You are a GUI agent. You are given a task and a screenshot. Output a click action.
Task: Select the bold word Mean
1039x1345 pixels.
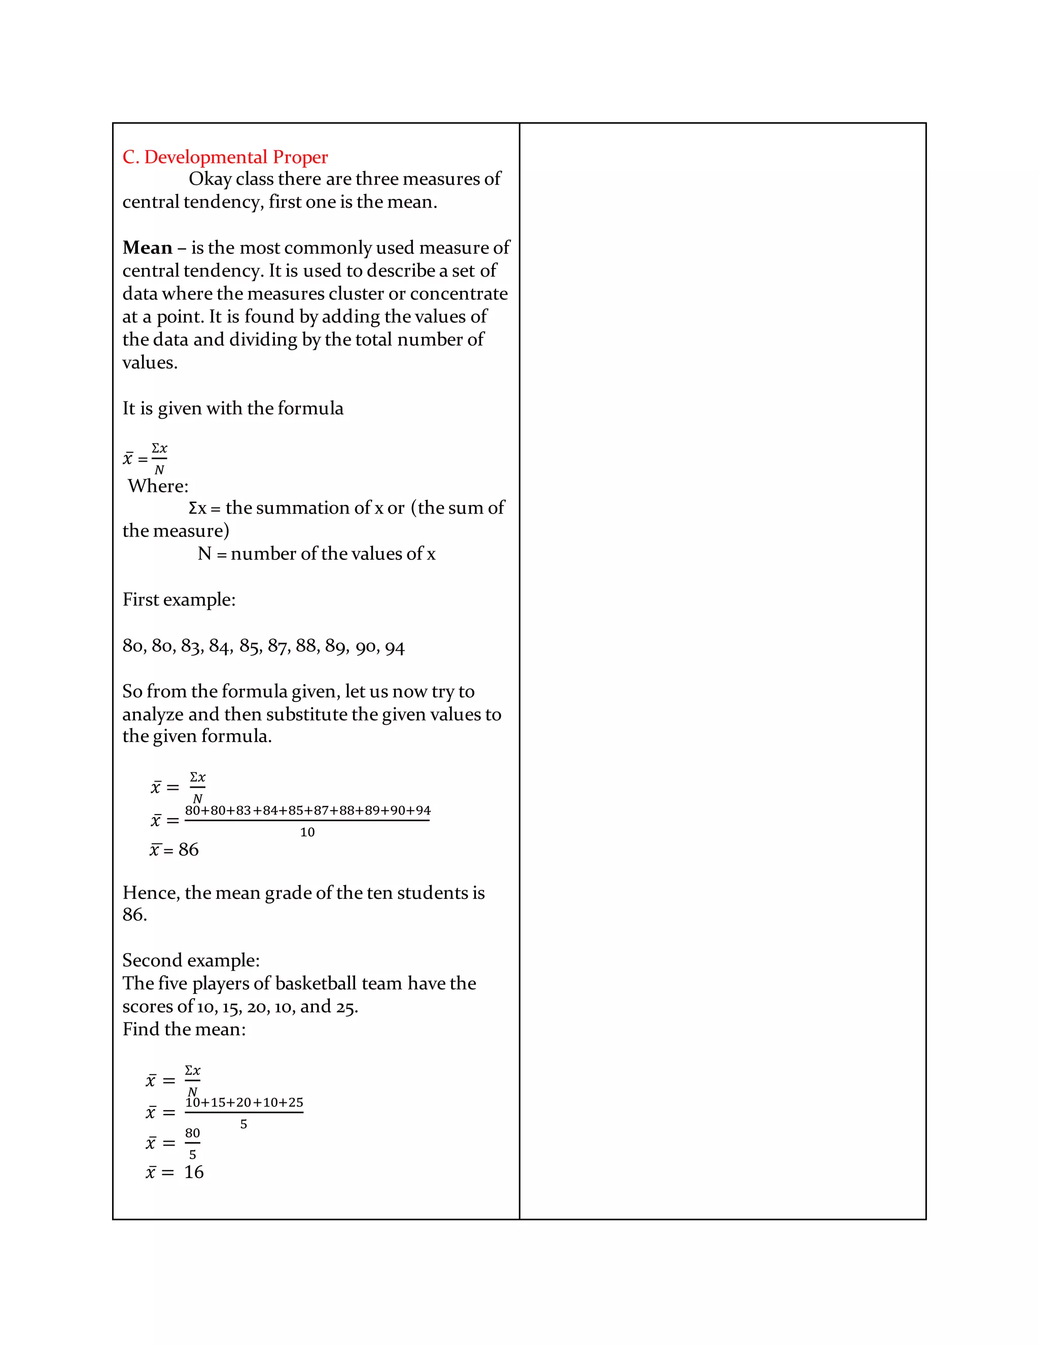click(147, 248)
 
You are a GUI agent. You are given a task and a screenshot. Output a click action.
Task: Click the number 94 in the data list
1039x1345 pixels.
click(395, 647)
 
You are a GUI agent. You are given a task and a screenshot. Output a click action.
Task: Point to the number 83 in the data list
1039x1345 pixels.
click(191, 647)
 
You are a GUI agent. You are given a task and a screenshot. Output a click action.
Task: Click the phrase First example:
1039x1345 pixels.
click(179, 599)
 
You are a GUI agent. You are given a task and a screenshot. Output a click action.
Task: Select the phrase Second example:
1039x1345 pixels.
click(191, 960)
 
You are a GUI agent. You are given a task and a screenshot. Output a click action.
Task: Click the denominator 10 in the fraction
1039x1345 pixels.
click(307, 832)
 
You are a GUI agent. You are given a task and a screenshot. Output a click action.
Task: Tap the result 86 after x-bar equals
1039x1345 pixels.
click(188, 850)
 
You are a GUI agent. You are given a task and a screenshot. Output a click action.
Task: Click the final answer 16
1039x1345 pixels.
click(194, 1172)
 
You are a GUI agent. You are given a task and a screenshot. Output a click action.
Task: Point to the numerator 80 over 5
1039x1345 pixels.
click(193, 1133)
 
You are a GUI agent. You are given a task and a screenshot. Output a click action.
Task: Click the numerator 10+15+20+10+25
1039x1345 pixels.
click(245, 1102)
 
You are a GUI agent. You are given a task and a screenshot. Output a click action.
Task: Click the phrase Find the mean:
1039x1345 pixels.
click(184, 1029)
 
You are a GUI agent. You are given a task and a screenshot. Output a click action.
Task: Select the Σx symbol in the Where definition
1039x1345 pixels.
click(197, 508)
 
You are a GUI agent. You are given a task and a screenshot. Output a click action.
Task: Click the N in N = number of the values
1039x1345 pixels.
click(204, 554)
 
